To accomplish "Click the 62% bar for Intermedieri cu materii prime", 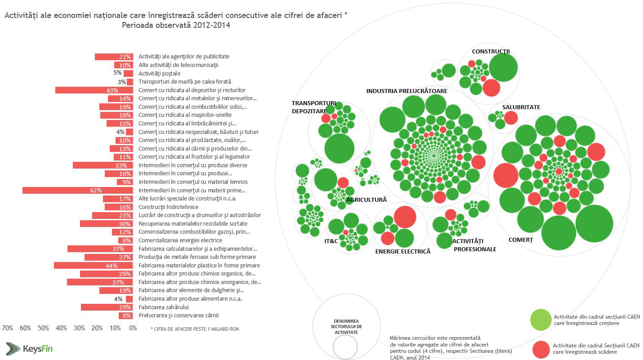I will click(77, 190).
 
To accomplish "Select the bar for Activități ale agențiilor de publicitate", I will click(114, 57).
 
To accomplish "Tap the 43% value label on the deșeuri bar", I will click(112, 90).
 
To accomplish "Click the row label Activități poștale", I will click(159, 73).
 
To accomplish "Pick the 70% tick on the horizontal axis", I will click(8, 328).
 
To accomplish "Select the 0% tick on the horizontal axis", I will click(133, 328).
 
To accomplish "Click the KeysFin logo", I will click(30, 348).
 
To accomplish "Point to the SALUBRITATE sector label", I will click(521, 107).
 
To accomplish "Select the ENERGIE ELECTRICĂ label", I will click(403, 251).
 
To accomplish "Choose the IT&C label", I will click(331, 241).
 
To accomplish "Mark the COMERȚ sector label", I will click(520, 240).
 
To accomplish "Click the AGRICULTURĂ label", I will click(366, 200).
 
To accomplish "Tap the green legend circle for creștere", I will click(540, 319).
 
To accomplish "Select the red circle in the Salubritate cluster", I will click(510, 118).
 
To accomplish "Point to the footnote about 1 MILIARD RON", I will click(195, 329).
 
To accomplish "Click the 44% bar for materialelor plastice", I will click(94, 266).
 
